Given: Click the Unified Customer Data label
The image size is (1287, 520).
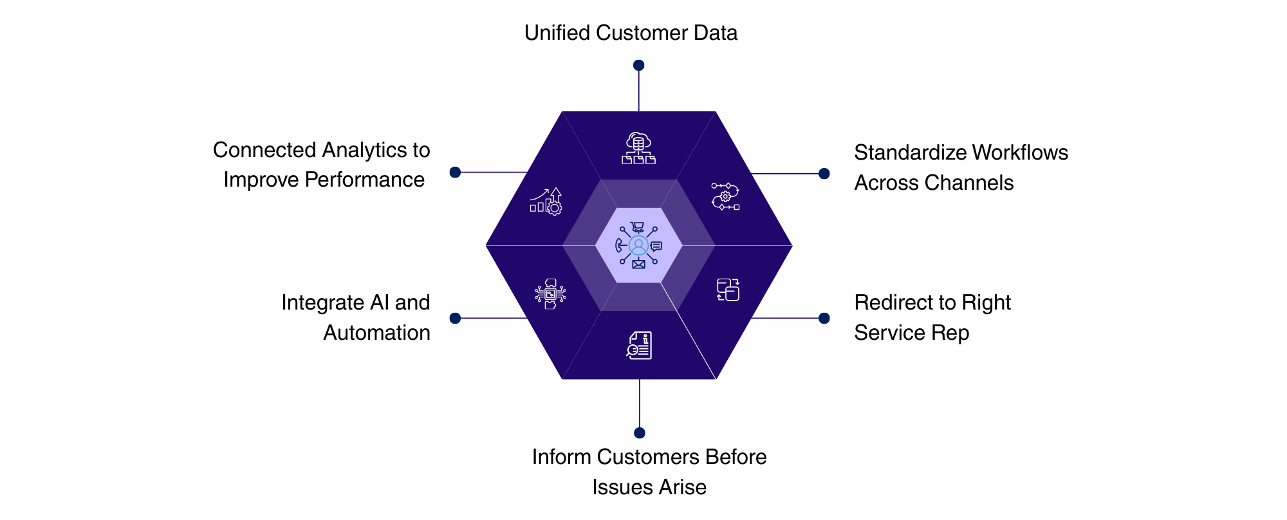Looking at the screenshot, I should (x=631, y=33).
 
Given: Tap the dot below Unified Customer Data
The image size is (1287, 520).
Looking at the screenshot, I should (x=638, y=65).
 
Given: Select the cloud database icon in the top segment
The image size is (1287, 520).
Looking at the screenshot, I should (x=638, y=149).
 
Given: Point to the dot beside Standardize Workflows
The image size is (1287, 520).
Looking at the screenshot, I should (x=824, y=174).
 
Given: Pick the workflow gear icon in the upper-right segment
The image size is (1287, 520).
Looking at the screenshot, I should (x=725, y=196).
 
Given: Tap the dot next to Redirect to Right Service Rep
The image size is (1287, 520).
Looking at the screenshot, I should (x=824, y=318).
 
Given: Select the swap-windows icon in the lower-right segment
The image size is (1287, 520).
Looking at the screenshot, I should (x=728, y=290).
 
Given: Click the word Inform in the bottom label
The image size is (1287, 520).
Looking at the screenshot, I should (x=561, y=457).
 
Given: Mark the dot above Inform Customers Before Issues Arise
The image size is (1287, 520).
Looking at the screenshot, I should (x=639, y=432).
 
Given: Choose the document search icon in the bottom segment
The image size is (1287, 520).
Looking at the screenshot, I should (x=639, y=346).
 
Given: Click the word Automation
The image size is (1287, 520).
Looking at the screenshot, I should (x=376, y=333).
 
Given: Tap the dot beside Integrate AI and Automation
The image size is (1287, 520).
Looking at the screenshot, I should (x=455, y=318).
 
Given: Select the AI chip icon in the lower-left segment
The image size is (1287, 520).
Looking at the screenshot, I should (x=550, y=294).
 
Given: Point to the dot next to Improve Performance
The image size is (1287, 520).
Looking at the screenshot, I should (x=455, y=172).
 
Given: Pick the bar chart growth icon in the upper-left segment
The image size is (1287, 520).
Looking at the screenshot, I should (x=546, y=201).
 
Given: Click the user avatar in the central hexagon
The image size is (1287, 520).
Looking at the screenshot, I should (x=638, y=245).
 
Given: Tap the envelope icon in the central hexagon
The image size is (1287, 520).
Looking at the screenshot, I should (x=638, y=264).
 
